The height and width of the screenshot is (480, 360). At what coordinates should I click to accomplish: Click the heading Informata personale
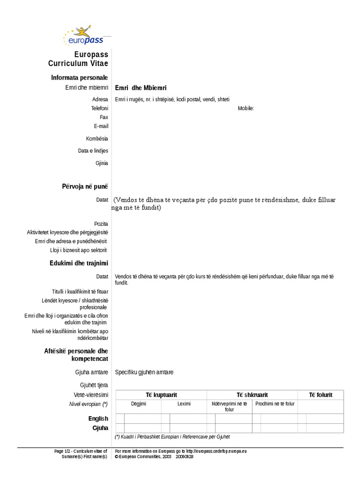(x=79, y=77)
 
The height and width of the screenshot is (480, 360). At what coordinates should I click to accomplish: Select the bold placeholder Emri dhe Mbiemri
(x=141, y=88)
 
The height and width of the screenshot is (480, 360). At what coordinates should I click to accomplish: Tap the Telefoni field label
(x=99, y=108)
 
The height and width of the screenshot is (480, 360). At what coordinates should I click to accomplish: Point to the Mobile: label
(x=246, y=108)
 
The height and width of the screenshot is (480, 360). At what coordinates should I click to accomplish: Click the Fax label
(x=104, y=117)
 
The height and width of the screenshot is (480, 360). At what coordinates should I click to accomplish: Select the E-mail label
(x=101, y=126)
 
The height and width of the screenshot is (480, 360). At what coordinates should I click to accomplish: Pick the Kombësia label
(x=97, y=139)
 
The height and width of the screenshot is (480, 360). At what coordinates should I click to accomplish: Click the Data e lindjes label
(x=93, y=151)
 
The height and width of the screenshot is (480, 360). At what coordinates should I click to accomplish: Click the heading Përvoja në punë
(x=85, y=187)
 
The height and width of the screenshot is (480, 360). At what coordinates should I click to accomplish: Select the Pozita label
(x=101, y=224)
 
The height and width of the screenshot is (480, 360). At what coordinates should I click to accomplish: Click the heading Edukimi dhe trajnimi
(x=79, y=263)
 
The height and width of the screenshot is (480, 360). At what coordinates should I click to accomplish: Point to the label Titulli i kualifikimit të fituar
(x=80, y=292)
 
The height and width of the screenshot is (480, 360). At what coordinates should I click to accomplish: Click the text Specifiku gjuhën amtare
(x=144, y=372)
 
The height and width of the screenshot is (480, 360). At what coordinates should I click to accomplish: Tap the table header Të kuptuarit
(x=161, y=395)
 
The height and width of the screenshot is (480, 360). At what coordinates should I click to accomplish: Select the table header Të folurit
(x=320, y=395)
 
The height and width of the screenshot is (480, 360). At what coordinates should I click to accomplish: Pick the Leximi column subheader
(x=184, y=404)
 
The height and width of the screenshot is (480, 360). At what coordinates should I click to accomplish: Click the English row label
(x=98, y=419)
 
